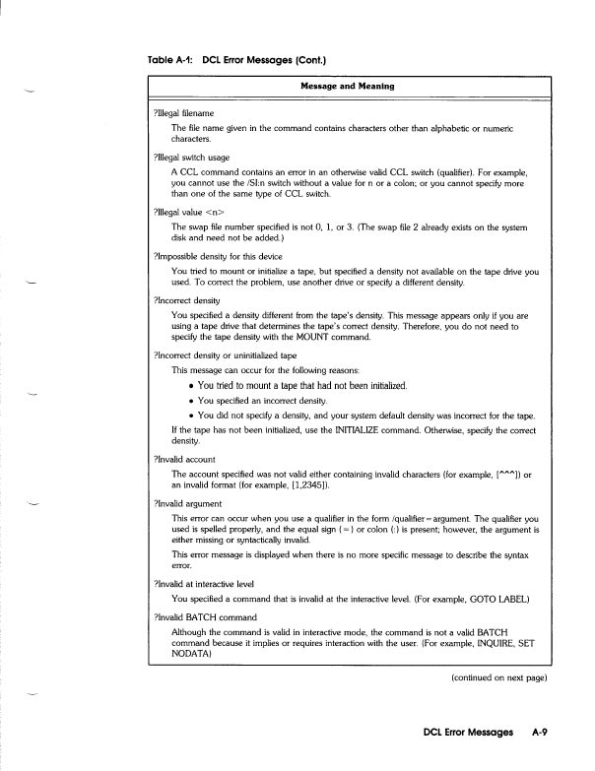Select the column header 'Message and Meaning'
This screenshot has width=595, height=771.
coord(347,86)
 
